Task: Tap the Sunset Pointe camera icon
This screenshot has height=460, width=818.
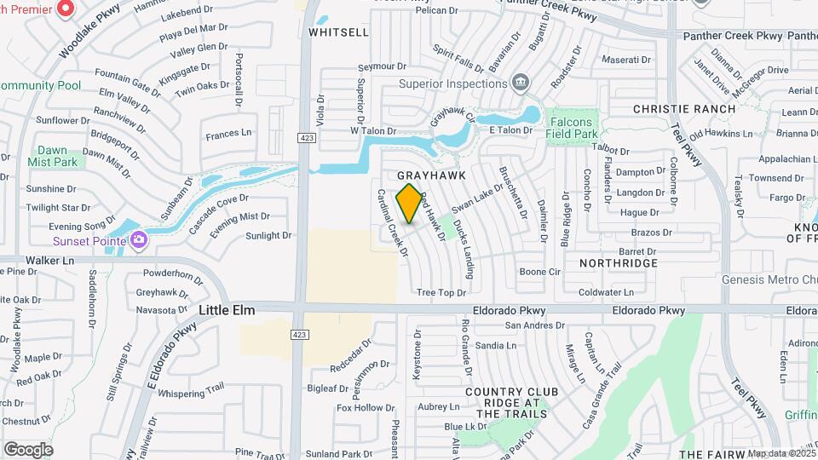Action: (139, 241)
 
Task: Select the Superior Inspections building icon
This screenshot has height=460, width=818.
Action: (519, 83)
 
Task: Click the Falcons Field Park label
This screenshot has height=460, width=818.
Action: (571, 128)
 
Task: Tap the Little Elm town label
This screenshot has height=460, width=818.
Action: (228, 311)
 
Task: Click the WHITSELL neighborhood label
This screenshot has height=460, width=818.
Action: (338, 32)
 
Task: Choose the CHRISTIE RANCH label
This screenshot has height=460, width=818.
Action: (684, 109)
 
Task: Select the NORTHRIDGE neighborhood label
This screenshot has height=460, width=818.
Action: (619, 263)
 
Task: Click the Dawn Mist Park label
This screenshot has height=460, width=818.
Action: (52, 155)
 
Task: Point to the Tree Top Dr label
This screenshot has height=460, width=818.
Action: (441, 292)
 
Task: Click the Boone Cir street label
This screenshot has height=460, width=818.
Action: (540, 272)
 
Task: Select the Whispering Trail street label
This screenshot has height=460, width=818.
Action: (191, 392)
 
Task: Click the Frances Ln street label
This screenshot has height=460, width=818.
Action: (229, 133)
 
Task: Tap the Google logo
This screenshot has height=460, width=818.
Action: (28, 449)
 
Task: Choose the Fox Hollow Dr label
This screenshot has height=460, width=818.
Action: (360, 407)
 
